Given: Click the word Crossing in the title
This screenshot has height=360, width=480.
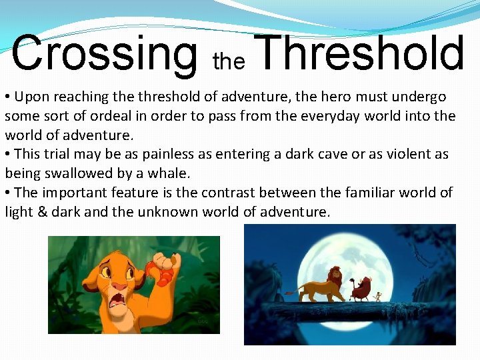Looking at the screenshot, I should click(x=105, y=54).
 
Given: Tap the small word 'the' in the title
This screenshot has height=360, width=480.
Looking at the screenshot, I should click(x=229, y=62).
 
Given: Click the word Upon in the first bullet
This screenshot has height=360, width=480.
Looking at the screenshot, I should click(x=31, y=97).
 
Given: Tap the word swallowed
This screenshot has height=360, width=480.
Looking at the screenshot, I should click(x=74, y=173).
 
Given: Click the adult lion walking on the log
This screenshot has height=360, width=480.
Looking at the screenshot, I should click(x=325, y=285).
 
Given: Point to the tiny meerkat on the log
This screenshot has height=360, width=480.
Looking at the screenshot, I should click(x=379, y=295).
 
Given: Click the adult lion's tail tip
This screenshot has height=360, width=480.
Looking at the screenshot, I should click(x=287, y=291).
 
